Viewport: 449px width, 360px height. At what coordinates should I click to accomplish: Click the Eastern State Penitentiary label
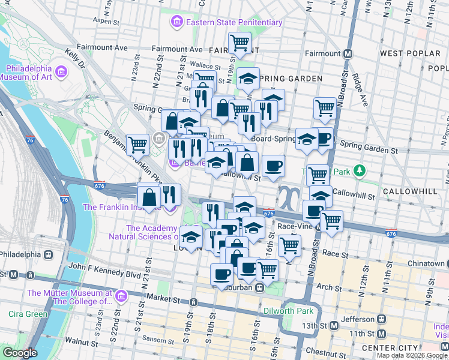(x=234, y=23)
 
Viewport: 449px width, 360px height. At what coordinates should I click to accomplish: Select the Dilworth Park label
(x=289, y=311)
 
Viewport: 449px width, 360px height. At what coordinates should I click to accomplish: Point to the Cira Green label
(x=28, y=314)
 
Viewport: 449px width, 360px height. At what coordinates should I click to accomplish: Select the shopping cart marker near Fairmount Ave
(x=240, y=42)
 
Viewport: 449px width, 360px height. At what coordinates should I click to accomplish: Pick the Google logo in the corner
(x=20, y=353)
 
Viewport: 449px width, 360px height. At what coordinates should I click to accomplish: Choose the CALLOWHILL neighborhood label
(x=414, y=191)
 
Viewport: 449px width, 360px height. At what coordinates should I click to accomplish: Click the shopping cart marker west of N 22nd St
(x=137, y=144)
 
